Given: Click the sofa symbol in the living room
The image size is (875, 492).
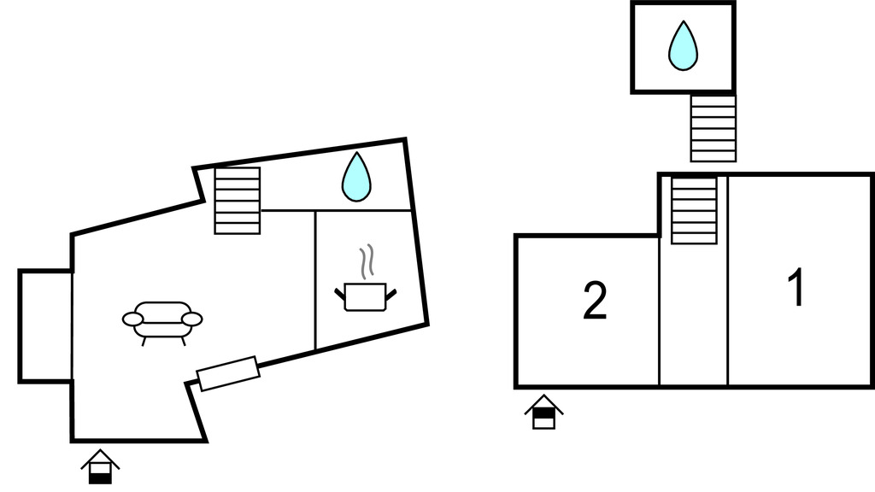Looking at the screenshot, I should click(x=162, y=320).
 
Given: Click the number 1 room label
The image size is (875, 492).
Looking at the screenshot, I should click(x=796, y=288).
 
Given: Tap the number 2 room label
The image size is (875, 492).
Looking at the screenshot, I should click(x=595, y=302).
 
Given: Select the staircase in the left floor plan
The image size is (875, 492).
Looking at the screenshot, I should click(x=237, y=201).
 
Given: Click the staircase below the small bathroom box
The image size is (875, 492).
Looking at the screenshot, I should click(x=713, y=128).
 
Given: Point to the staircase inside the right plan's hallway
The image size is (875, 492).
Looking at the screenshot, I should click(x=693, y=210).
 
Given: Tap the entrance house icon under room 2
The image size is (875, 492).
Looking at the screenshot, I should click(x=543, y=413).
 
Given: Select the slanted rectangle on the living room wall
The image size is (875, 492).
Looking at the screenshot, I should click(x=228, y=373).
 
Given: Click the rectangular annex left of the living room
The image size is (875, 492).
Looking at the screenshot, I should click(x=45, y=325).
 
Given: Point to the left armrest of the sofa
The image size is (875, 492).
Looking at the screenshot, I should click(x=133, y=319).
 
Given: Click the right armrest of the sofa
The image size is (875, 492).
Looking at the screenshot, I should click(x=192, y=319).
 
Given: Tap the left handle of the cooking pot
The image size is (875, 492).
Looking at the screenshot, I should click(x=341, y=294).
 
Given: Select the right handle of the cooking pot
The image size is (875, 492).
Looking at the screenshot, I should click(x=391, y=294).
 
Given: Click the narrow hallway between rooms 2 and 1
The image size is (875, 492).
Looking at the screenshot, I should click(x=693, y=316).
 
